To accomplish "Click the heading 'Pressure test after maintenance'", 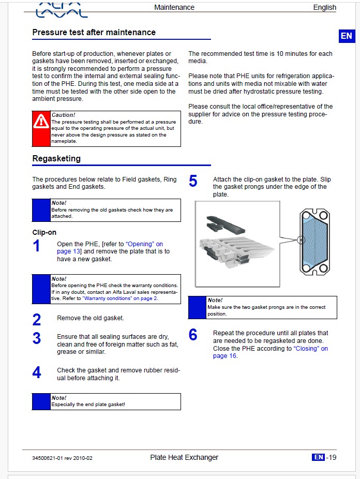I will coord(94,32).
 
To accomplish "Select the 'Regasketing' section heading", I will coord(56,158).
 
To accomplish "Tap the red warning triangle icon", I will coord(41,122).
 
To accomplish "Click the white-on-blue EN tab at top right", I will coord(346,36).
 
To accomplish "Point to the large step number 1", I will coord(36,246).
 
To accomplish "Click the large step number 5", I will coord(193,181).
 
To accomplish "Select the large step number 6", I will coord(193,335).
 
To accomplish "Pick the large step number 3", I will coord(36,338).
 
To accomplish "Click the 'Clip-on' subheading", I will coord(44,232).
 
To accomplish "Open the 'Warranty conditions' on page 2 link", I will coord(120,298).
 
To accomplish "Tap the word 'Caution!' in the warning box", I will coord(64,114).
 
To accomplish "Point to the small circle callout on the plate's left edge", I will coord(301,240).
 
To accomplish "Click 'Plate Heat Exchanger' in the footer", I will coord(184,457).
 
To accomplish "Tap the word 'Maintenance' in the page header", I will coord(174,7).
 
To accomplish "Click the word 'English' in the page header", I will coord(324,7).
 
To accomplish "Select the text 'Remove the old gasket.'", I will coord(91,318).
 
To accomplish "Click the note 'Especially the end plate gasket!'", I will coord(88,405).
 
